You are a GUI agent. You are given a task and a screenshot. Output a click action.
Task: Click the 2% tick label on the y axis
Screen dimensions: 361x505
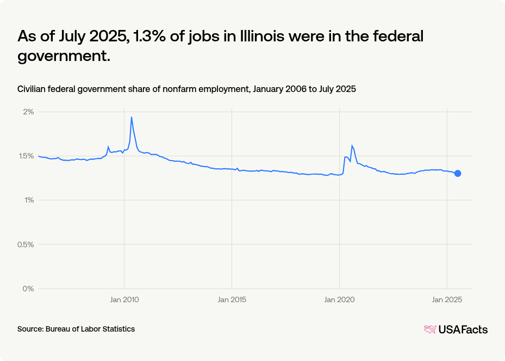pyautogui.click(x=29, y=112)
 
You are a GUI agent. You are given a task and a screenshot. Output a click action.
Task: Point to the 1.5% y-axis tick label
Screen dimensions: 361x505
pyautogui.click(x=27, y=156)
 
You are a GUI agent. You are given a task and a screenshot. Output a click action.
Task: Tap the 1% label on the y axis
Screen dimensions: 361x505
pyautogui.click(x=29, y=200)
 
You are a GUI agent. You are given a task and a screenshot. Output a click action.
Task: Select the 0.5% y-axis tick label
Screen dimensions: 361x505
pyautogui.click(x=26, y=244)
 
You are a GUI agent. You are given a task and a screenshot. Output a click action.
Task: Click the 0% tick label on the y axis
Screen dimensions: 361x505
pyautogui.click(x=29, y=288)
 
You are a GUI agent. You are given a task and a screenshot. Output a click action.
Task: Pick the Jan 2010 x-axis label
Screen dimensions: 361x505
pyautogui.click(x=124, y=299)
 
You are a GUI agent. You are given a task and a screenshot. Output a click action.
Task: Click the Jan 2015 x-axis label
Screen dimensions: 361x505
pyautogui.click(x=232, y=299)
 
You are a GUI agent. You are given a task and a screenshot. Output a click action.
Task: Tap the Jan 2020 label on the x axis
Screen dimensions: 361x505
pyautogui.click(x=339, y=299)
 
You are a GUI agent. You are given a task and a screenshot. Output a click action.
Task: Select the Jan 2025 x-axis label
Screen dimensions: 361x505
pyautogui.click(x=446, y=299)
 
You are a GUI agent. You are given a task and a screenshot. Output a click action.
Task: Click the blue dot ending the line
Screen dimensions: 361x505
pyautogui.click(x=458, y=174)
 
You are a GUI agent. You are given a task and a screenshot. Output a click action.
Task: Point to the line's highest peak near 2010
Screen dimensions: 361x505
pyautogui.click(x=132, y=117)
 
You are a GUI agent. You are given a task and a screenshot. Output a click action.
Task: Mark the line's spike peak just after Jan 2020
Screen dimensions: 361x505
pyautogui.click(x=352, y=145)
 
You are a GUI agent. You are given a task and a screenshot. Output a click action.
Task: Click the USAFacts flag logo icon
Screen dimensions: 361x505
pyautogui.click(x=430, y=329)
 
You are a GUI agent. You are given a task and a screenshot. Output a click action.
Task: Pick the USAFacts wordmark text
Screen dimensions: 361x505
pyautogui.click(x=463, y=329)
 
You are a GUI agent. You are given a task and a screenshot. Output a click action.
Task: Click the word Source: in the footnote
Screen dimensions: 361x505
pyautogui.click(x=30, y=329)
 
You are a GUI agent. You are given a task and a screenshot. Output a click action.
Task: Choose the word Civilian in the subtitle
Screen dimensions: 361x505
pyautogui.click(x=33, y=89)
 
